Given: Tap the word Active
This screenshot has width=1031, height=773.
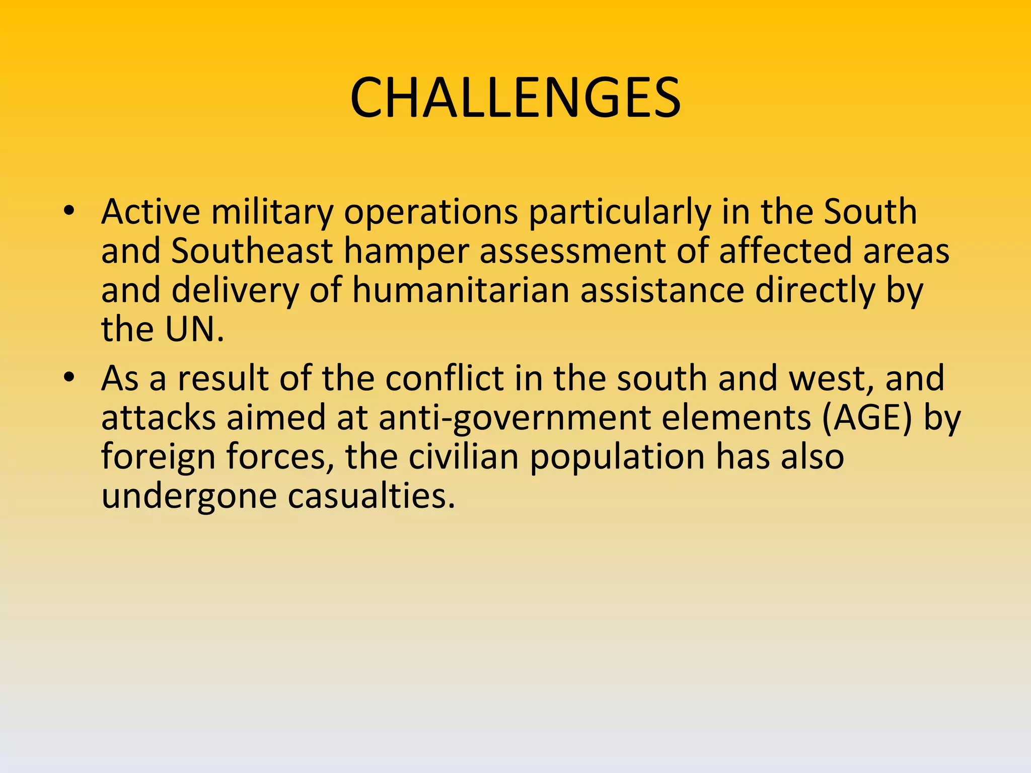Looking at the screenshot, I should coord(151,211).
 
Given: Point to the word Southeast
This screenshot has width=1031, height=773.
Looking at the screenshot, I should coord(252,251).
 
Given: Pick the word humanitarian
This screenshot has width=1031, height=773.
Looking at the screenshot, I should coord(461,290).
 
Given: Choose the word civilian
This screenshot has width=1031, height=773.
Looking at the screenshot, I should coord(463,456).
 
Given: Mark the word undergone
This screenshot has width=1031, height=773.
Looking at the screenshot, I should coord(189,497).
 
